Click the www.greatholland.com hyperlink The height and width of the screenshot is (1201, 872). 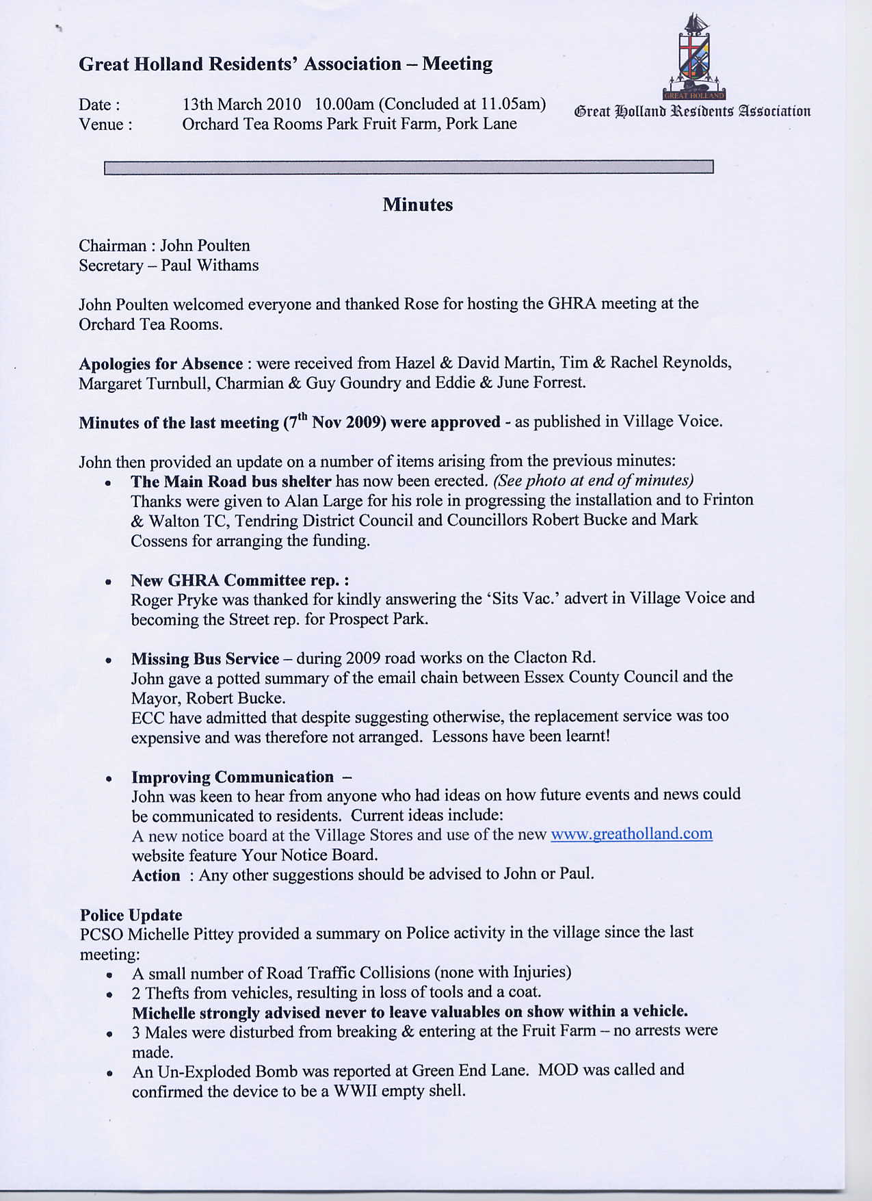[x=631, y=834]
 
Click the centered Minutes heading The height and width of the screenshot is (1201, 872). [x=417, y=205]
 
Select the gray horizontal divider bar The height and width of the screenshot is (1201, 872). [x=408, y=167]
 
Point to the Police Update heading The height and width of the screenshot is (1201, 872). [x=131, y=915]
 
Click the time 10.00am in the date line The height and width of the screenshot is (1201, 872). [x=344, y=104]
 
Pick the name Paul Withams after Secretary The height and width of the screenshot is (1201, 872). [x=209, y=266]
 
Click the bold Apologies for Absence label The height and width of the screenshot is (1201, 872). [x=161, y=363]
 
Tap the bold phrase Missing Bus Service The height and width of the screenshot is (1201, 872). [x=205, y=658]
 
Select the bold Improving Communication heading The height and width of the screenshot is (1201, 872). [x=233, y=777]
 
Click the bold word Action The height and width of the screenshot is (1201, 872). [x=156, y=875]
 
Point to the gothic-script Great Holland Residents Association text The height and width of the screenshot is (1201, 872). [x=692, y=111]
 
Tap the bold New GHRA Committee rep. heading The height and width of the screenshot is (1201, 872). [x=239, y=580]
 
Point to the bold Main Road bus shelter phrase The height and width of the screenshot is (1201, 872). [x=230, y=482]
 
